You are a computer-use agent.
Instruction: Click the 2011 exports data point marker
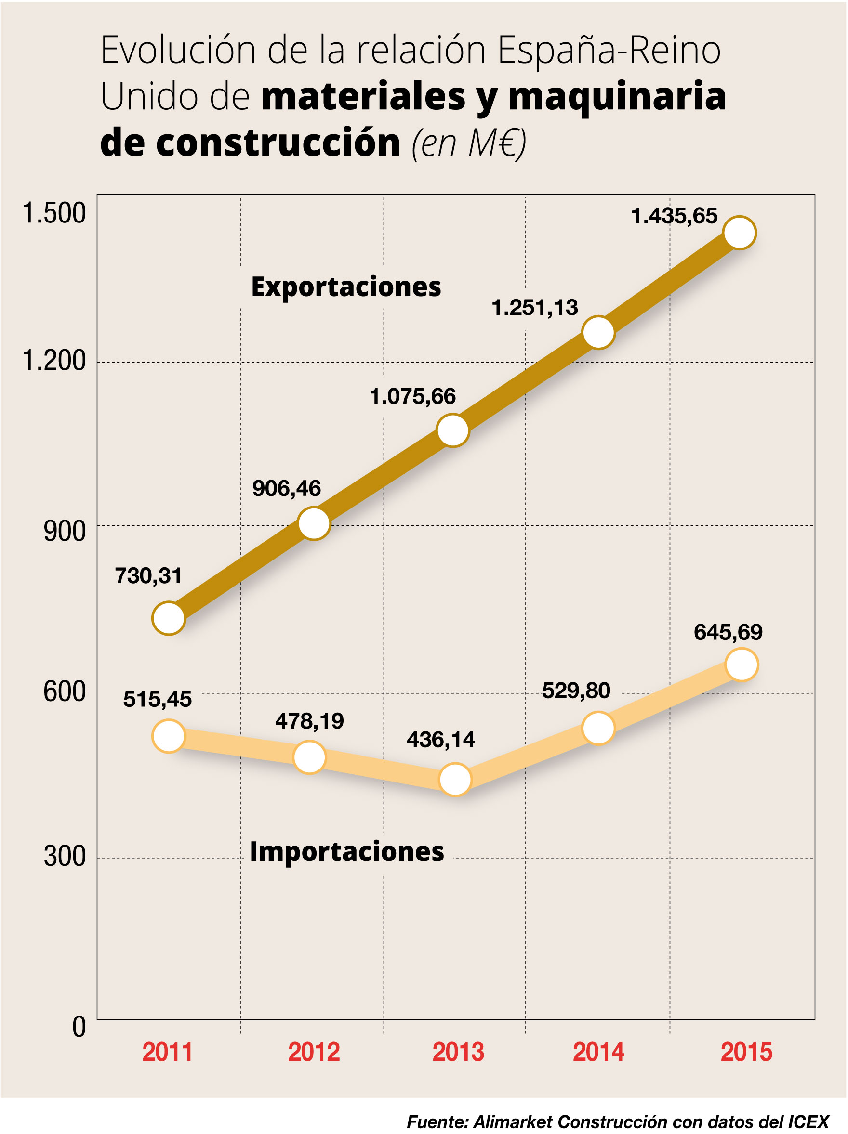(169, 618)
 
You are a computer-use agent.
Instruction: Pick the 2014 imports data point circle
(599, 728)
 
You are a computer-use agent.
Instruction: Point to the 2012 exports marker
(314, 523)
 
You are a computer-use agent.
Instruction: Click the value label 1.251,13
(534, 308)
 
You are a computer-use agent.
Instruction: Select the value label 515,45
(158, 699)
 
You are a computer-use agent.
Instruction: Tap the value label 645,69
(728, 632)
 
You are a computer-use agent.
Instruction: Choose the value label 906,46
(286, 489)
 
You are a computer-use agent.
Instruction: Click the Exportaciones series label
(346, 287)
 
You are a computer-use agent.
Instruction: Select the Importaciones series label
(346, 851)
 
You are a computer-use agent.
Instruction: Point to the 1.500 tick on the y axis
(54, 213)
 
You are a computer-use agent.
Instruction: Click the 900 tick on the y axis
(65, 531)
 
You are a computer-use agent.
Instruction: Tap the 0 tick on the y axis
(79, 1027)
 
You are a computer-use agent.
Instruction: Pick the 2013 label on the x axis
(458, 1052)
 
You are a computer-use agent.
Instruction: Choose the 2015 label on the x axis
(746, 1052)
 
